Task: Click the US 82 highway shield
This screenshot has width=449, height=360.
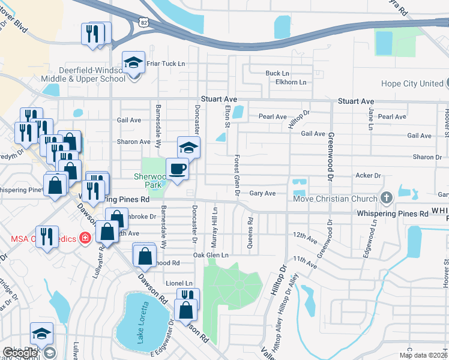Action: coord(143,22)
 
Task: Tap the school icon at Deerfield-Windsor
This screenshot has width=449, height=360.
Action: coord(133,62)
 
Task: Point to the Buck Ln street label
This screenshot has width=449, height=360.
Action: coord(277,73)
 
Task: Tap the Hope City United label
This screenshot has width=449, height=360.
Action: coord(414,84)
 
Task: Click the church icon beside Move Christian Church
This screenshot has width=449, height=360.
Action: coord(387,198)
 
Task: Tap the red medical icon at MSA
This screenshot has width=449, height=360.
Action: coord(85,238)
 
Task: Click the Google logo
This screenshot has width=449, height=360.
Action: coord(20,353)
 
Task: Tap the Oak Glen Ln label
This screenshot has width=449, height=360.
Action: coord(211,256)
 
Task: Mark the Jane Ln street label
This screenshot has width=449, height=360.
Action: coord(371,119)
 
